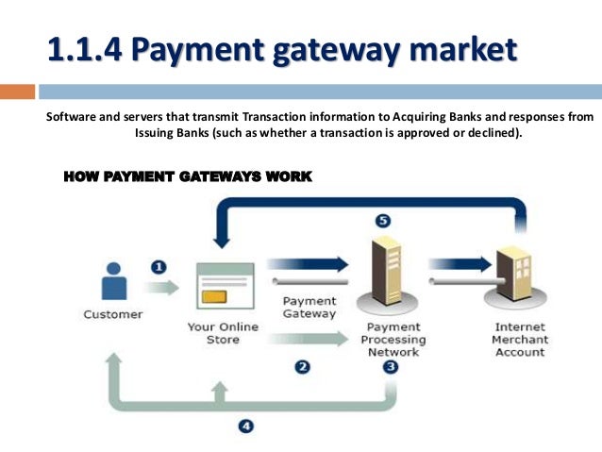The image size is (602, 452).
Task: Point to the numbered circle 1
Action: (159, 267)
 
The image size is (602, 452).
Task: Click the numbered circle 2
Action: (302, 368)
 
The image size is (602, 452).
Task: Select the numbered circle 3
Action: (390, 367)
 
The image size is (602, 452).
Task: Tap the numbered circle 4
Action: (245, 426)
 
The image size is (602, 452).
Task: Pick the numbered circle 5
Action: (382, 221)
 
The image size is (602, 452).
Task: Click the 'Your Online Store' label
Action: (223, 333)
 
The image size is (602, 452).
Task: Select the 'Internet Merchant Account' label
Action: (519, 340)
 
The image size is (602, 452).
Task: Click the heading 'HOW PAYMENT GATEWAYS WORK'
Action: (186, 176)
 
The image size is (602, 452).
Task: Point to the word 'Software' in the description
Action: (74, 116)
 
